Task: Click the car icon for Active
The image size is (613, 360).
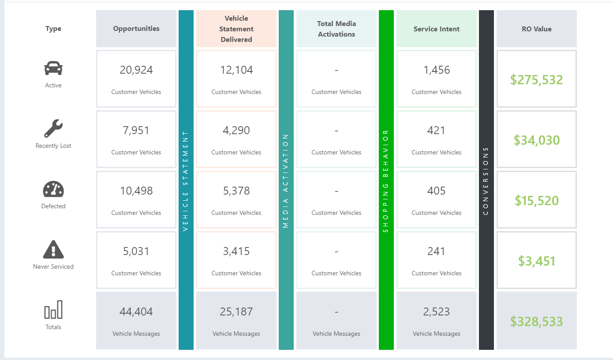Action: [x=53, y=69]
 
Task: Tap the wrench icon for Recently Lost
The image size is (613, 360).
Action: [x=53, y=128]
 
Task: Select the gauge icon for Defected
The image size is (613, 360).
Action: [x=53, y=189]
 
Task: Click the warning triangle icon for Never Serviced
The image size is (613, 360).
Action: [x=53, y=250]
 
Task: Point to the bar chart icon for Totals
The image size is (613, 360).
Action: [x=53, y=310]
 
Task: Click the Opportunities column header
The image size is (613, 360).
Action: [x=136, y=29]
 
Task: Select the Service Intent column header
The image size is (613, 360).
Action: [x=437, y=29]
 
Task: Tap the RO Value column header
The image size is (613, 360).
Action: [x=537, y=29]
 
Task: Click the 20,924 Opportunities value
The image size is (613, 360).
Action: [x=136, y=70]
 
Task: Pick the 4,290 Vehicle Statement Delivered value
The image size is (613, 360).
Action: [x=236, y=130]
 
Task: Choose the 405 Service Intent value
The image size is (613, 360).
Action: [x=437, y=191]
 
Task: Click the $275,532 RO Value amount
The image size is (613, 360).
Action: [x=537, y=80]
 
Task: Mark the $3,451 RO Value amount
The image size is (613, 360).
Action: [x=537, y=261]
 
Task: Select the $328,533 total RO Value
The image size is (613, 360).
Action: [x=537, y=322]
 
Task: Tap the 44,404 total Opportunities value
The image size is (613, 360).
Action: [x=136, y=311]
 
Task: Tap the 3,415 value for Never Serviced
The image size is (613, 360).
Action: [x=236, y=251]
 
